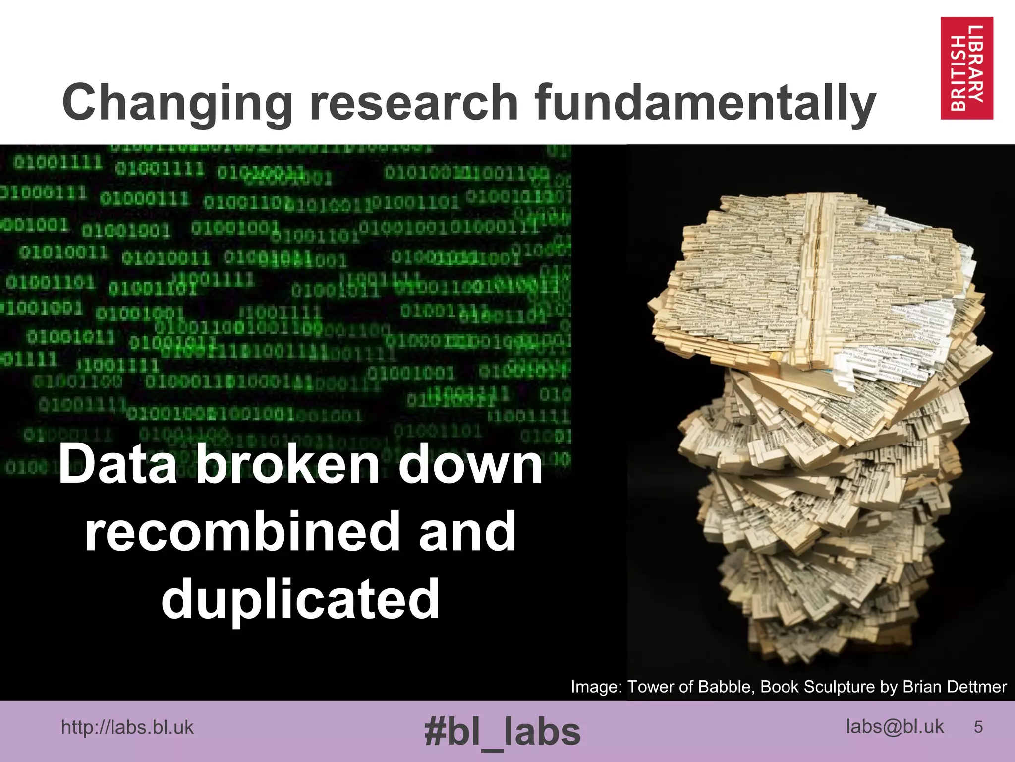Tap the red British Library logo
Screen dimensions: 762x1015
966,68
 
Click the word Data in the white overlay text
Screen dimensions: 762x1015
118,464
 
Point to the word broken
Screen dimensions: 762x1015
287,464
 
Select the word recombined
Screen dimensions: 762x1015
242,532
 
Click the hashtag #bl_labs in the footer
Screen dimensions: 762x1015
502,732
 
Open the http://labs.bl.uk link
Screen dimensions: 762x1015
127,728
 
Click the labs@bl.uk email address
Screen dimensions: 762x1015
895,727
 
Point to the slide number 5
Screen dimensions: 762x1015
978,727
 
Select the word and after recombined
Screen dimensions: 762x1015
467,532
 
